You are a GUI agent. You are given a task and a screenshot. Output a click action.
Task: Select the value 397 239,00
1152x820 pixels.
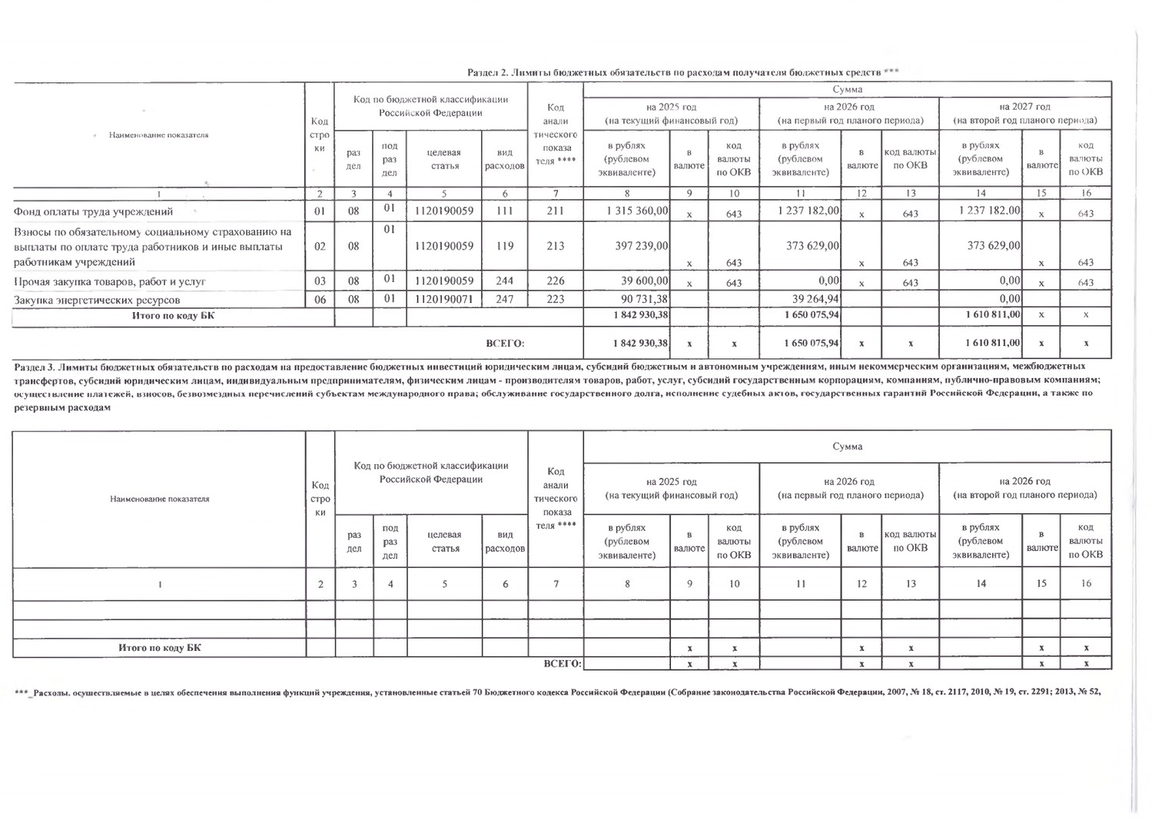click(x=641, y=246)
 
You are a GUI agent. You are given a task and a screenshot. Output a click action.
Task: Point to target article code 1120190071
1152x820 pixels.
click(x=444, y=299)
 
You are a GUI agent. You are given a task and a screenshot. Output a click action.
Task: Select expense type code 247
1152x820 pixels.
click(x=504, y=299)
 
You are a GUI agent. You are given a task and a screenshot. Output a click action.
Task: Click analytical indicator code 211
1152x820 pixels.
click(x=555, y=211)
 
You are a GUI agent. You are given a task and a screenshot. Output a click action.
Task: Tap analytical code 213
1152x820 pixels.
click(x=555, y=246)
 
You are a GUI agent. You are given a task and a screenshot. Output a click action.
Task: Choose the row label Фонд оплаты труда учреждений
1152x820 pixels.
click(x=93, y=211)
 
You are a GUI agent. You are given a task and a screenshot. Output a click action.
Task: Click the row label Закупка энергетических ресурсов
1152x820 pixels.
click(x=97, y=300)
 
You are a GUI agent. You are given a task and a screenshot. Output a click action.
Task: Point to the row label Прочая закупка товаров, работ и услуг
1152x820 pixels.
click(x=110, y=282)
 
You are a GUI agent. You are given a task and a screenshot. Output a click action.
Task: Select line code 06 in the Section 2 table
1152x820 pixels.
click(x=320, y=299)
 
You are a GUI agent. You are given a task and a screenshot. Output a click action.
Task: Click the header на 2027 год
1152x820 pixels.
click(x=1024, y=107)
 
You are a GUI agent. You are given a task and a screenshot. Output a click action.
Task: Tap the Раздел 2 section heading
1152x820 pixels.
click(x=682, y=72)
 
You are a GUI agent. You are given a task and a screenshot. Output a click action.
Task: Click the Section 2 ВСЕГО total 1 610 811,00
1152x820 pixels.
click(x=992, y=343)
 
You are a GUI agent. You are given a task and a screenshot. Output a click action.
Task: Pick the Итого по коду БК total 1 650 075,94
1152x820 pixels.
click(x=811, y=314)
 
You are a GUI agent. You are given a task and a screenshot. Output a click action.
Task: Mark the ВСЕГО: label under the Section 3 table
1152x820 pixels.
click(x=562, y=663)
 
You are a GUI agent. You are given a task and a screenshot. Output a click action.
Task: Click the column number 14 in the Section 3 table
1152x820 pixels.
click(x=981, y=583)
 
